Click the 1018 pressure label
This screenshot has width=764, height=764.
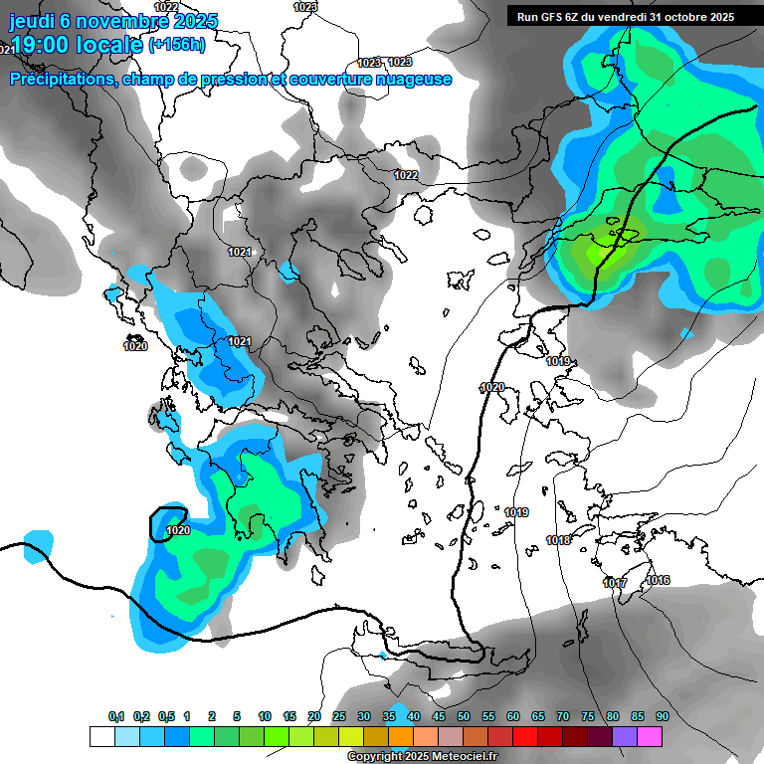558,540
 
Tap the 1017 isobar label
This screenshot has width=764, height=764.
615,583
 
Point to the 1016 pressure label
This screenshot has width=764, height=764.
658,580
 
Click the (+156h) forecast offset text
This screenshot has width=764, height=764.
177,45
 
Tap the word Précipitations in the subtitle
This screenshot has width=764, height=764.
61,80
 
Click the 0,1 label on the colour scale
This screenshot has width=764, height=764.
116,717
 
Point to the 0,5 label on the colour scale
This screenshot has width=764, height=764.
166,717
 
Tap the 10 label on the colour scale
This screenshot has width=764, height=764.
265,717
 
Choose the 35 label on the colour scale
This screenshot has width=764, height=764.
389,717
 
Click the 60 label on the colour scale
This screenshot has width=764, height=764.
513,717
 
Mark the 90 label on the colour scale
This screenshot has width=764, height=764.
663,717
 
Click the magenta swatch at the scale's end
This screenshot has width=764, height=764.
650,736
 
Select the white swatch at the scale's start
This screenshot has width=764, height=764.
101,736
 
